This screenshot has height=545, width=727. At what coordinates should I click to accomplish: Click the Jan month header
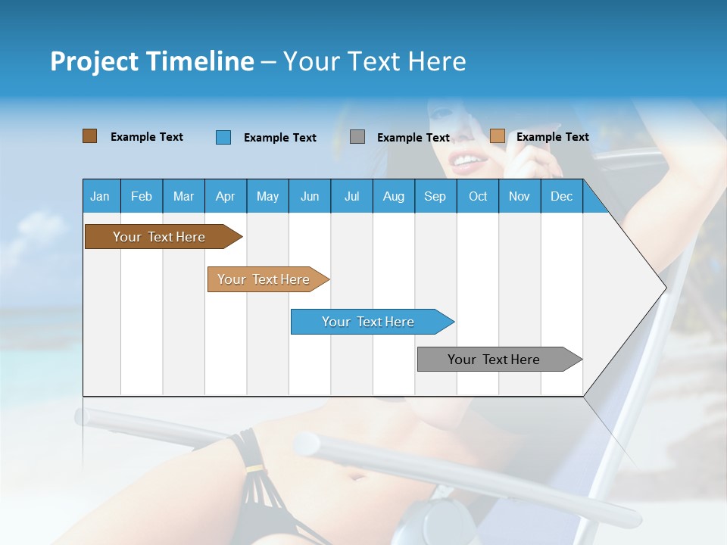(100, 196)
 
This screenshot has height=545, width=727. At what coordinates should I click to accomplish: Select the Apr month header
(225, 196)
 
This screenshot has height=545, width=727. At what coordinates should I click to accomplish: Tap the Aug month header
(393, 196)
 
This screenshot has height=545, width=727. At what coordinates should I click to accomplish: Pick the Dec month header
(561, 196)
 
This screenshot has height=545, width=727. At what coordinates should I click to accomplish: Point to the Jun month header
(309, 196)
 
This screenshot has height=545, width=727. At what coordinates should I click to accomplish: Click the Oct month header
(478, 196)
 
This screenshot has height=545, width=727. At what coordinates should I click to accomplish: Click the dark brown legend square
(89, 136)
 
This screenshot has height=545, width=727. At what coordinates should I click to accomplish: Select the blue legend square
(223, 137)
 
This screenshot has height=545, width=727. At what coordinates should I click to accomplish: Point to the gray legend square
(357, 137)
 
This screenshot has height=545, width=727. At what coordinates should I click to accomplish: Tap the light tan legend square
(497, 136)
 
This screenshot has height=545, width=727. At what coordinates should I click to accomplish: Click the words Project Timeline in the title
(152, 61)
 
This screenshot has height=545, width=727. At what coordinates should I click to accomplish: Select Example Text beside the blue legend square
(280, 138)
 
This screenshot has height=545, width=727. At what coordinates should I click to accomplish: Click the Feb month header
(142, 196)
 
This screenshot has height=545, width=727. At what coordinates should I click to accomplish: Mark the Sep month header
(435, 196)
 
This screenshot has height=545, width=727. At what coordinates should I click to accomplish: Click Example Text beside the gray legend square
(413, 138)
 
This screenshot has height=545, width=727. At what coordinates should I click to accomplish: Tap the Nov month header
(520, 196)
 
